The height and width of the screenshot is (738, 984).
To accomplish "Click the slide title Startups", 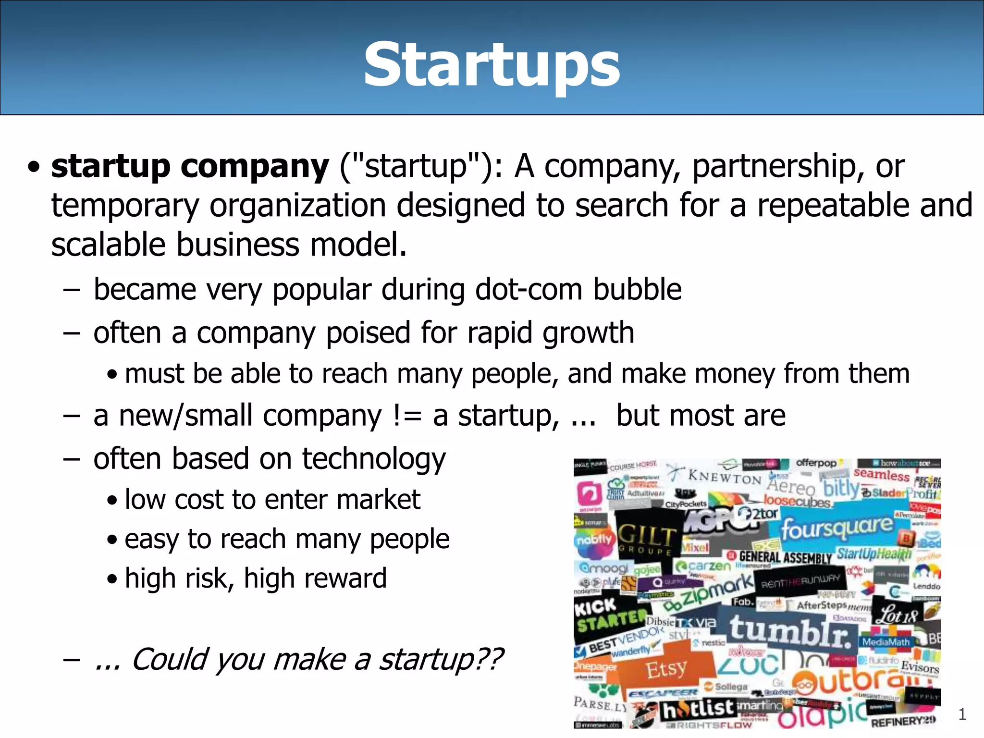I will [x=492, y=65].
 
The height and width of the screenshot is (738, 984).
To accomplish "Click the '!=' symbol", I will [x=407, y=416].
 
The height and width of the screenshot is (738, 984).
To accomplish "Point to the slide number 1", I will [x=962, y=714].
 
